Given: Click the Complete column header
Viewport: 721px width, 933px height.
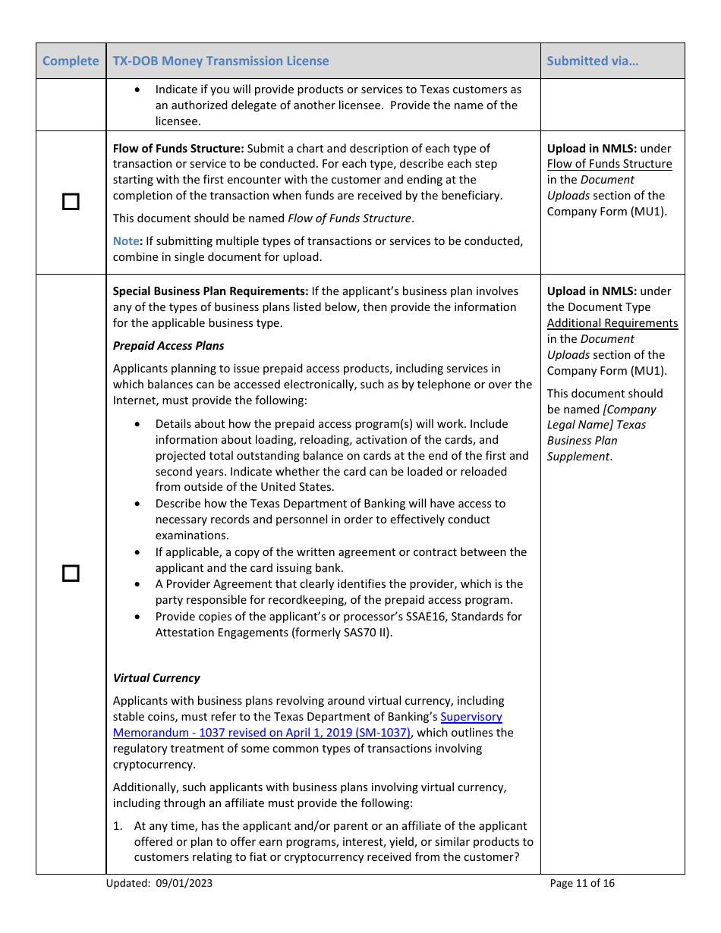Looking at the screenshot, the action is tap(71, 61).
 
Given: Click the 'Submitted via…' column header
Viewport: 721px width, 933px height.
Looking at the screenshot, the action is tap(592, 61).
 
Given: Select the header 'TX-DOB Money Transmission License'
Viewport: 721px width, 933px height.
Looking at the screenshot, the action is tap(221, 61).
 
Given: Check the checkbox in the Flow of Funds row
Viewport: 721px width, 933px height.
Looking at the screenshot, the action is tap(71, 202).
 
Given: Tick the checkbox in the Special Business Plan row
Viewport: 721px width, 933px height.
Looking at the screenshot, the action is tap(71, 573).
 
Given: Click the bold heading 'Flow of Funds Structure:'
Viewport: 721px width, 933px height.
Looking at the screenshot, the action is tap(178, 149).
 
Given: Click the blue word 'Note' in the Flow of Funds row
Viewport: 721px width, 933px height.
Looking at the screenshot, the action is tap(125, 241).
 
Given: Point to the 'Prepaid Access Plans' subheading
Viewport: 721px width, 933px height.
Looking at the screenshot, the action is tap(168, 346).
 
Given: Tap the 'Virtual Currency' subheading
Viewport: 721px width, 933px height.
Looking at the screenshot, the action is tap(156, 678).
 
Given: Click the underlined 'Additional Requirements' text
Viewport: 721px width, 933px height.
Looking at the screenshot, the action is tap(612, 323).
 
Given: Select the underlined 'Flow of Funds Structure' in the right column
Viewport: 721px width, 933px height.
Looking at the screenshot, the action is tap(609, 164).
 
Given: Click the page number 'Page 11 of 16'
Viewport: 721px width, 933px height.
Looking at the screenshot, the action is tap(582, 883).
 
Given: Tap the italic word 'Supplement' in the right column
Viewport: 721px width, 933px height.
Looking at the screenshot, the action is tap(578, 457).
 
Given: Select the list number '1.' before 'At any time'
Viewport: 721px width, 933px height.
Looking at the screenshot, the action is tap(118, 826).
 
